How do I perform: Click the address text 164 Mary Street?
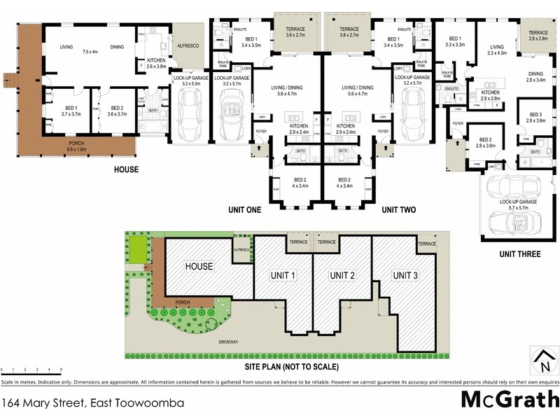[x=93, y=403]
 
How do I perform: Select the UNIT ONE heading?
[x=245, y=209]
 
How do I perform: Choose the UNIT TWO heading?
[x=399, y=209]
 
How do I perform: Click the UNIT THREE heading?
[x=519, y=254]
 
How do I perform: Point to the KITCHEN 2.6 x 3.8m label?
[x=155, y=64]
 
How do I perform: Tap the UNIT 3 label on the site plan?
[x=405, y=276]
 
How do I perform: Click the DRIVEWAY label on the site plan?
[x=229, y=342]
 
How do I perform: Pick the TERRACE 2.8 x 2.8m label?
[x=538, y=36]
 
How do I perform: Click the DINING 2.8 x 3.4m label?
[x=535, y=76]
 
